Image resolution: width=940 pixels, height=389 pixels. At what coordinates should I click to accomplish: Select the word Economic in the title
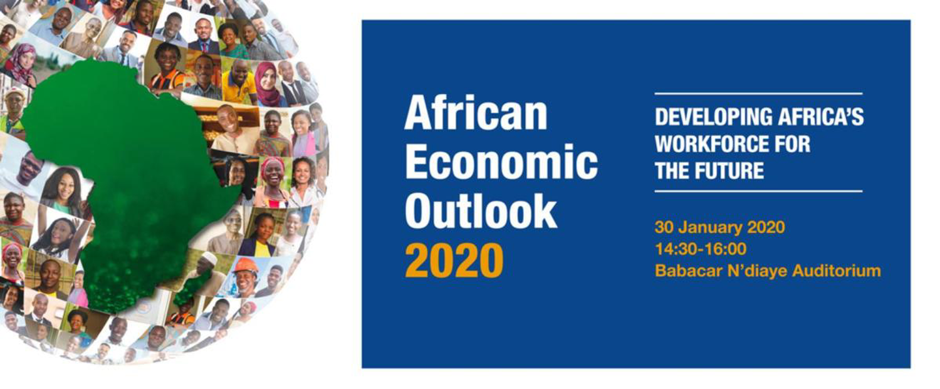501,162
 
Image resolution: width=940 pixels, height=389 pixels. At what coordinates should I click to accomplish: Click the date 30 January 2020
719,227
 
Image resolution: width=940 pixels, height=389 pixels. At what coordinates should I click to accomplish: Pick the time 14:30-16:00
701,249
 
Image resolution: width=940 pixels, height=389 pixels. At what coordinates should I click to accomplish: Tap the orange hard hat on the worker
246,265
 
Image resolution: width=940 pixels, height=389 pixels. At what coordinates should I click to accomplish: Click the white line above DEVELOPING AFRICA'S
758,93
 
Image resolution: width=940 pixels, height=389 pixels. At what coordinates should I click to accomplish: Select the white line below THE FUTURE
758,191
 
